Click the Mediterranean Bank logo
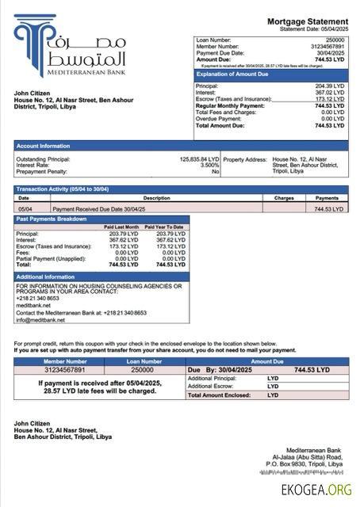click(x=71, y=49)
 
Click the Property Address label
click(x=246, y=158)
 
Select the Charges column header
click(x=284, y=198)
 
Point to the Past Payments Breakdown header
click(x=52, y=218)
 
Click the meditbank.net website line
click(x=33, y=305)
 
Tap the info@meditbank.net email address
click(x=40, y=320)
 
